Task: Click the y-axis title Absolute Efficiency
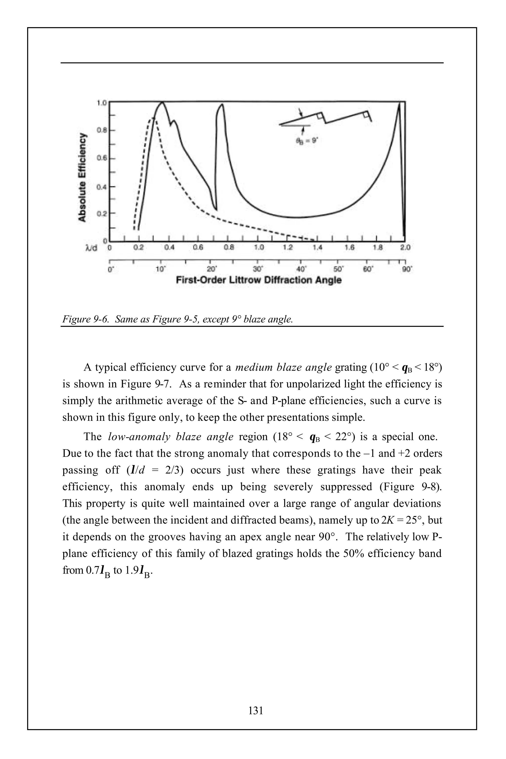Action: (83, 177)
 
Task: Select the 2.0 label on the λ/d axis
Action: (405, 248)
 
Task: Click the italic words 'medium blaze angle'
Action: (283, 367)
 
